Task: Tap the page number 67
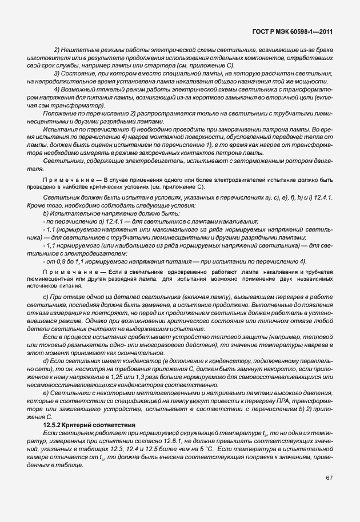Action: [330, 477]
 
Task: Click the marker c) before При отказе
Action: [46, 299]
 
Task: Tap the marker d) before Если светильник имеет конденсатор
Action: [46, 361]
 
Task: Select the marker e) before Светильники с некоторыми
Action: [46, 394]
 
